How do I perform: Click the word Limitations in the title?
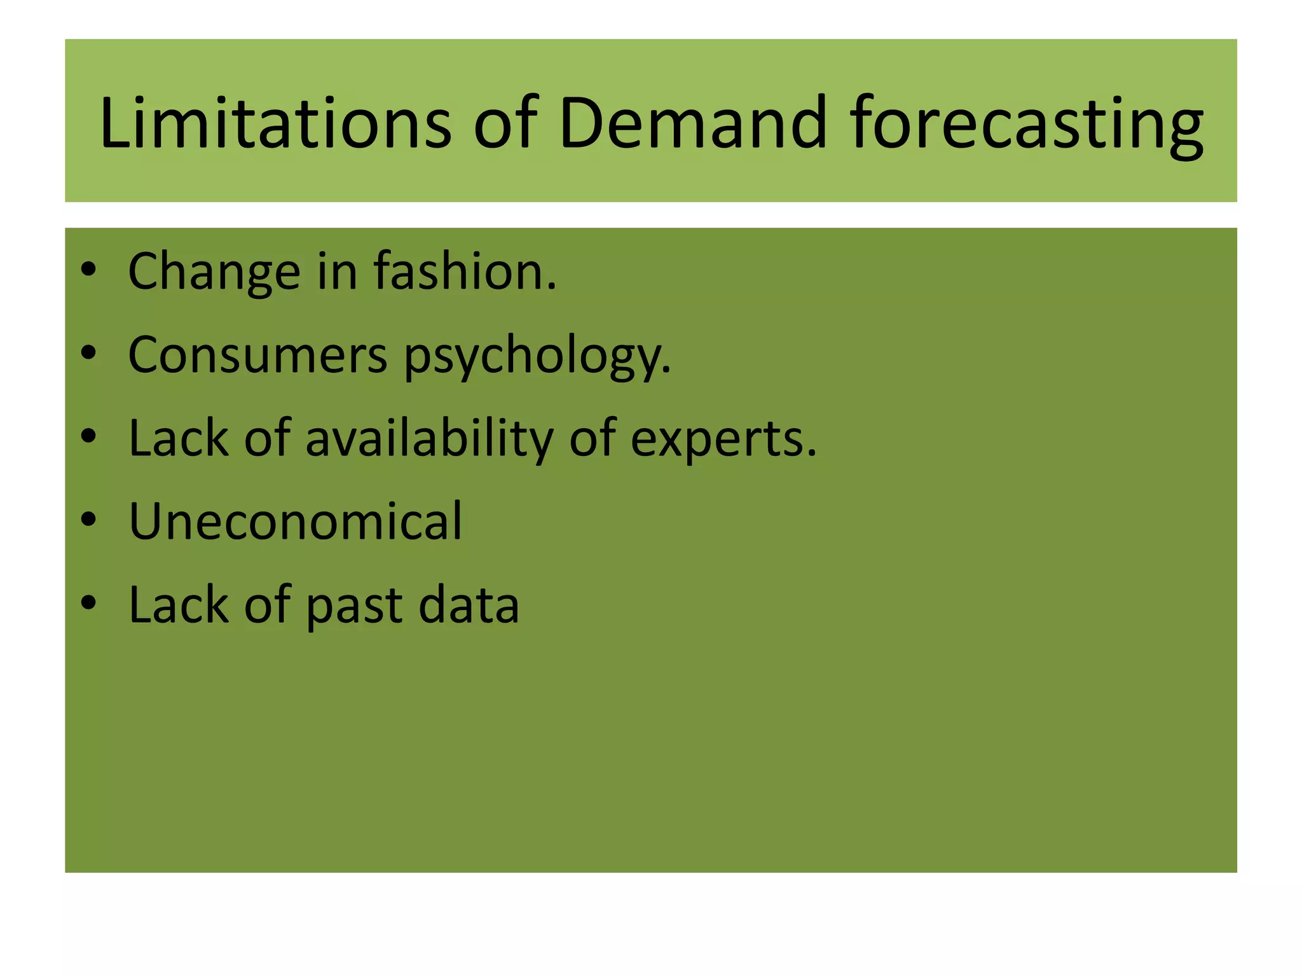tap(275, 122)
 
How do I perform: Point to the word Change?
tap(214, 272)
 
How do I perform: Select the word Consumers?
tap(257, 355)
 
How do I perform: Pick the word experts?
tap(723, 440)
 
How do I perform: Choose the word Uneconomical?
tap(295, 522)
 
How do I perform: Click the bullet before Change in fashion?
tap(88, 270)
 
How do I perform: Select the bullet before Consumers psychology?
tap(88, 354)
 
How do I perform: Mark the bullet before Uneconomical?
tap(88, 520)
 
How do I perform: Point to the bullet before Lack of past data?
tap(88, 604)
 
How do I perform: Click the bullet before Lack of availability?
tap(88, 437)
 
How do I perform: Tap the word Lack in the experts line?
tap(178, 438)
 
